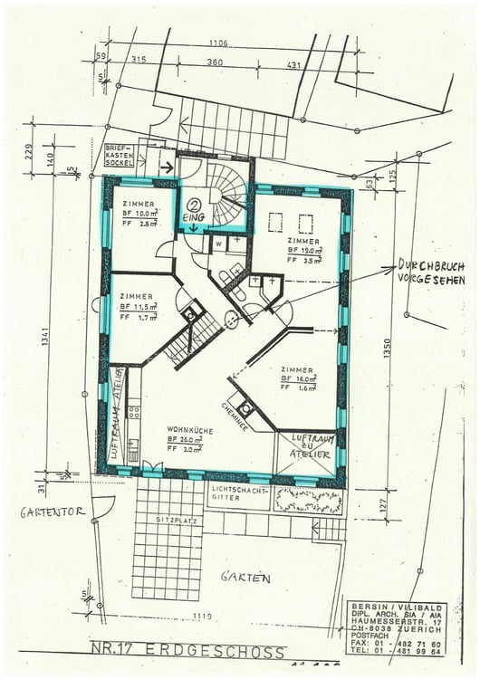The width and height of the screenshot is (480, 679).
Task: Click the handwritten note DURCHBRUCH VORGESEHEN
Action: point(430,273)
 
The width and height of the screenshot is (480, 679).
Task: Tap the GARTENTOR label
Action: point(53,512)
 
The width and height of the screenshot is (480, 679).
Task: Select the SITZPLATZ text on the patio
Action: point(171,521)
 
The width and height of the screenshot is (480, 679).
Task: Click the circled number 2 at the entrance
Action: point(194,205)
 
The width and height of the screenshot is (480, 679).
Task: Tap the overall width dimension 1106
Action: point(217,43)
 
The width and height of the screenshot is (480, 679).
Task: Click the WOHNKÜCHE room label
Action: point(190,431)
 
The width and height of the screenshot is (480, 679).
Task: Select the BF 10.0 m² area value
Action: point(139,214)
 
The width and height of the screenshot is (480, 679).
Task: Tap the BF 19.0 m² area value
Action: point(305,250)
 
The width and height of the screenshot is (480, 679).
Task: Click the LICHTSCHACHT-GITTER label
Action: point(238,493)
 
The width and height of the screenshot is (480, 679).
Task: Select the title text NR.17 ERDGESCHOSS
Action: point(187,651)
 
